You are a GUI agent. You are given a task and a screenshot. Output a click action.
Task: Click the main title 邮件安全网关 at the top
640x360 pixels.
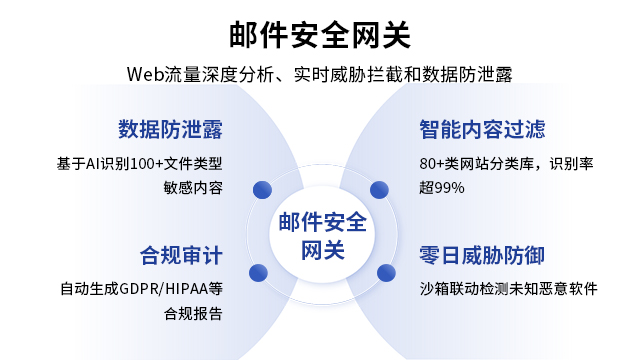pos(320,33)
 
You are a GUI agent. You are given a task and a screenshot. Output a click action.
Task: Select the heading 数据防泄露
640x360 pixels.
pos(170,130)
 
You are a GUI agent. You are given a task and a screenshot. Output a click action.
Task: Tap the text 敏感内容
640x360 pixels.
pos(193,188)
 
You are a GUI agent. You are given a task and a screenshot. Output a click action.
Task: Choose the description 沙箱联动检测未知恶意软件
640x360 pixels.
pos(508,290)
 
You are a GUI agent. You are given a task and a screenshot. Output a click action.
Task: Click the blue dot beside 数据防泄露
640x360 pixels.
pos(263,188)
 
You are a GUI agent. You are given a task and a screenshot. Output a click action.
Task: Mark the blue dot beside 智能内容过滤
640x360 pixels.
pos(379,188)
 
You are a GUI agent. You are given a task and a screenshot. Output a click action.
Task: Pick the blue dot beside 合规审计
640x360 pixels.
pos(258,271)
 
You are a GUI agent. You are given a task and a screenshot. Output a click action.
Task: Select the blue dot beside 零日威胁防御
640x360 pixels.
pos(383,271)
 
